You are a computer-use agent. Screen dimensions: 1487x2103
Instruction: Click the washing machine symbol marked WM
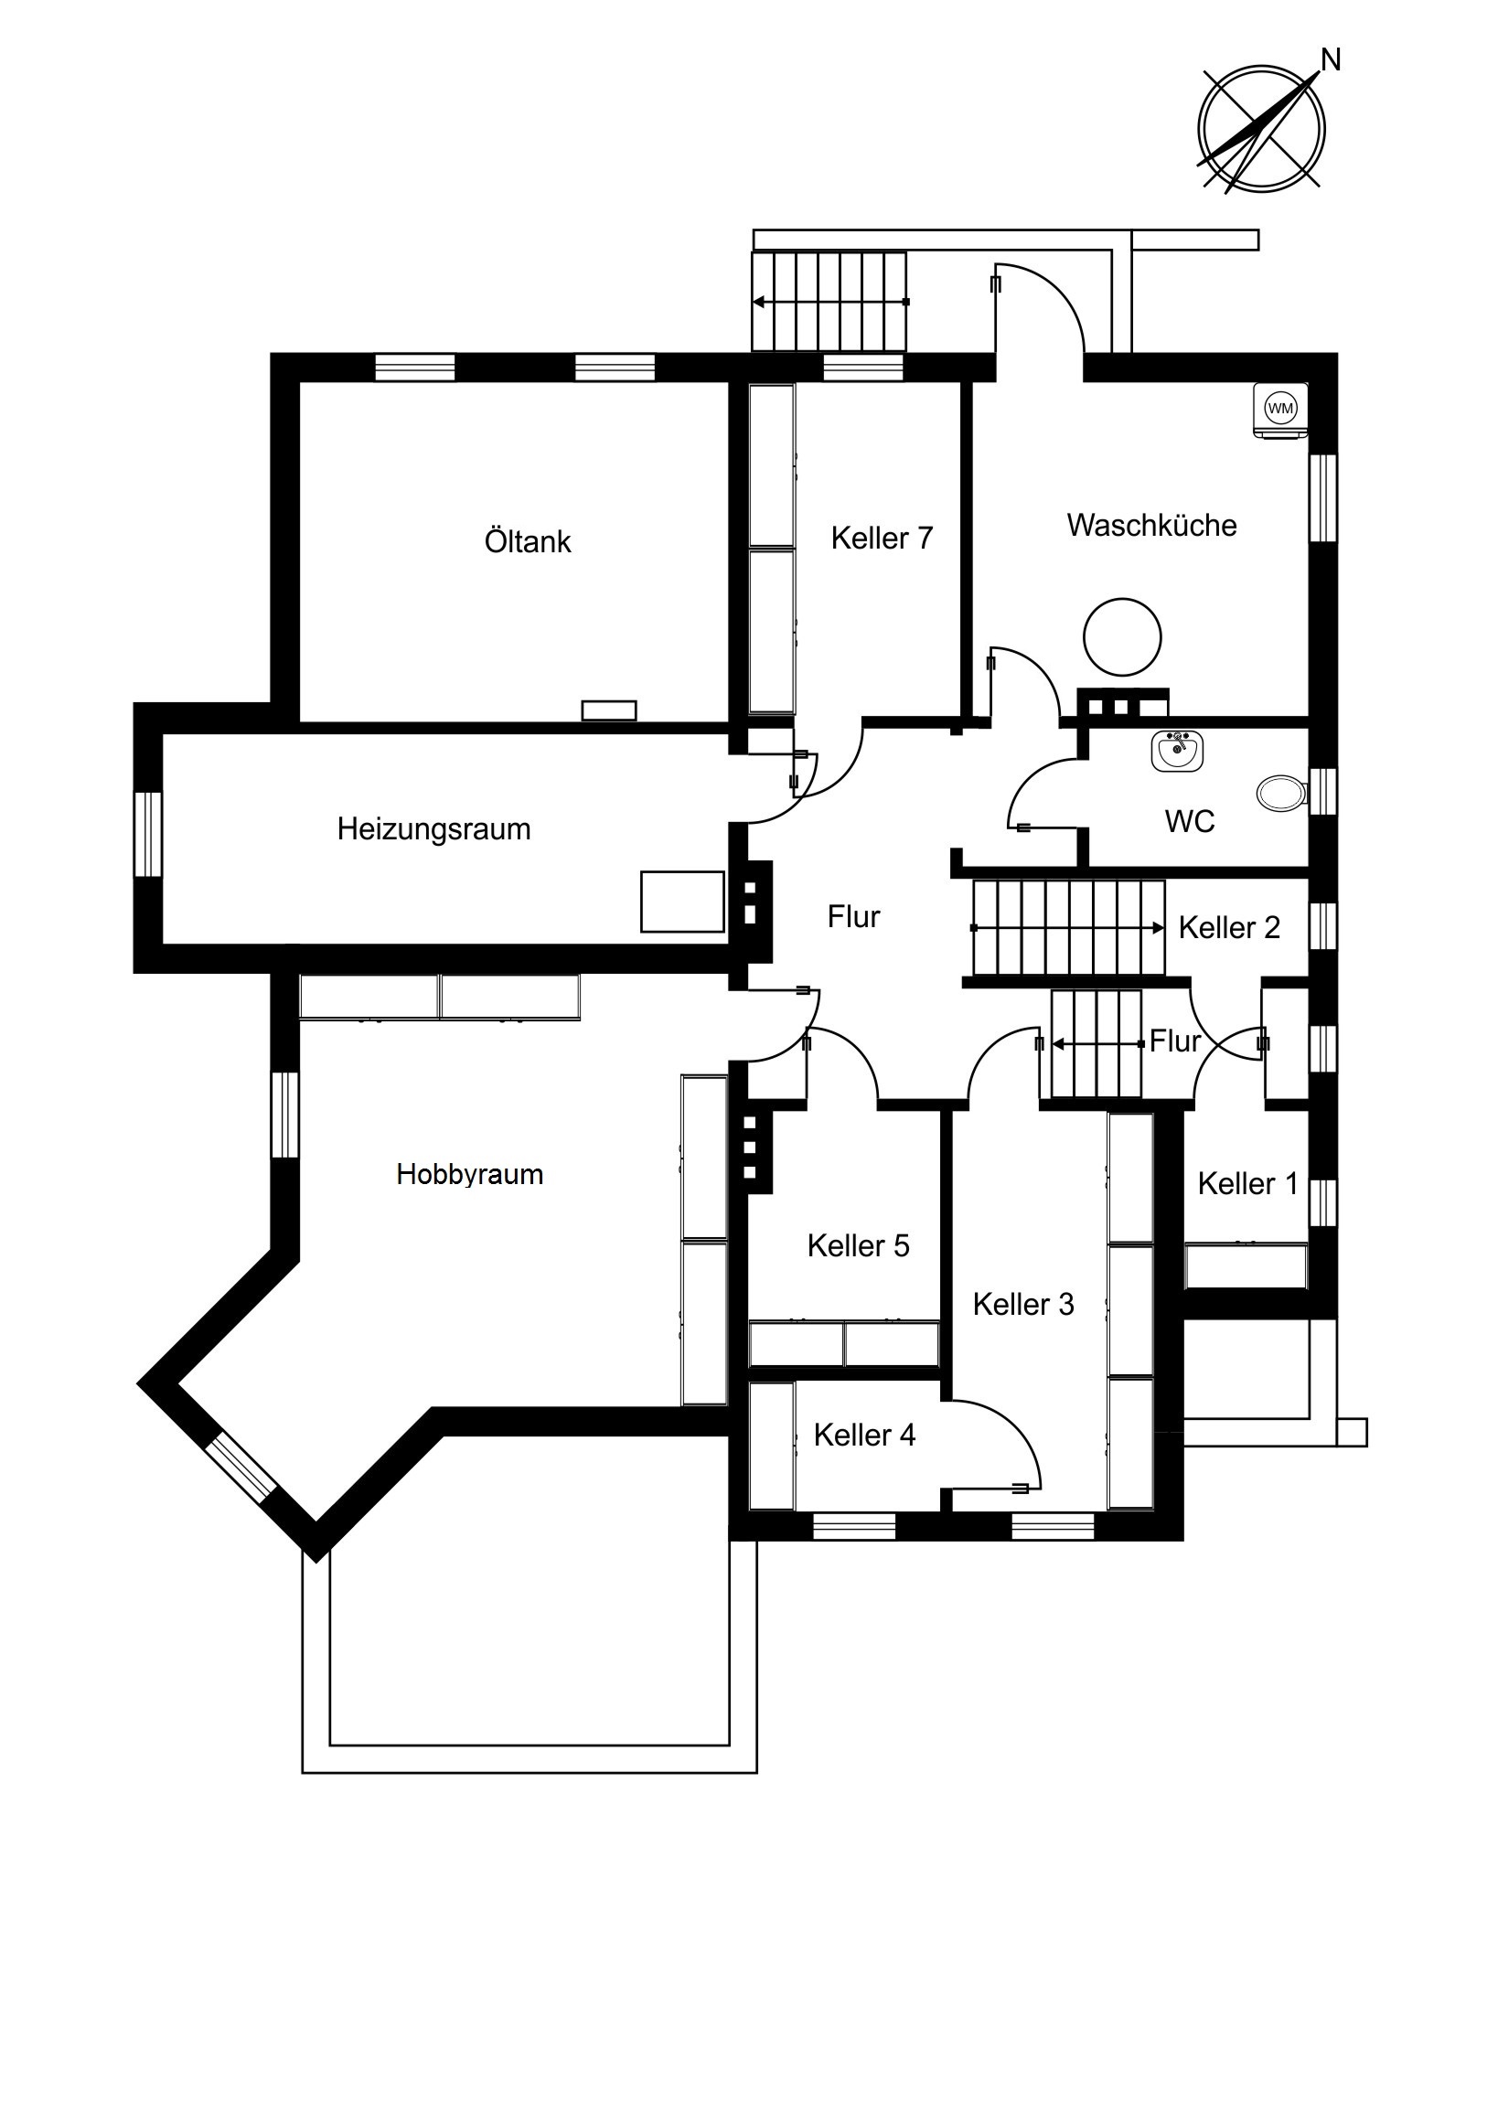click(1280, 410)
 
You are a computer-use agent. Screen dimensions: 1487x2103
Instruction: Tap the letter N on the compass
click(1331, 60)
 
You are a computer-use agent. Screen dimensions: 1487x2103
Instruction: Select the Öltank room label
click(528, 541)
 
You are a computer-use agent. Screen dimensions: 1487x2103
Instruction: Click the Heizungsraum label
click(434, 829)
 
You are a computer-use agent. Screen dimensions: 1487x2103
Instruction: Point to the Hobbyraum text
click(470, 1175)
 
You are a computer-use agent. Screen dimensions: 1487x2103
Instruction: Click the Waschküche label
click(1151, 526)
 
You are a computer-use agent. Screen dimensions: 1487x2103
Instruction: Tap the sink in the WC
click(1177, 751)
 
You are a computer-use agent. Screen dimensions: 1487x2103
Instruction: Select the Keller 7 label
click(882, 539)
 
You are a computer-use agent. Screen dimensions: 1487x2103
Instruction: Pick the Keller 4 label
click(864, 1436)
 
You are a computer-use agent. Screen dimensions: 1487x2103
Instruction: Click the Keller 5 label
click(859, 1245)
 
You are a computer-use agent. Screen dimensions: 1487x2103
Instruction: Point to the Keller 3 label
click(1023, 1304)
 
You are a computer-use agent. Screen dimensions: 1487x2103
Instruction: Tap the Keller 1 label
click(1248, 1184)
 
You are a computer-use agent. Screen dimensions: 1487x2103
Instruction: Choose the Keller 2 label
click(1229, 928)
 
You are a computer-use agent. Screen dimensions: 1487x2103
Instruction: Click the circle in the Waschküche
click(1122, 637)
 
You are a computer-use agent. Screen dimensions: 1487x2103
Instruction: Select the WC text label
click(1190, 822)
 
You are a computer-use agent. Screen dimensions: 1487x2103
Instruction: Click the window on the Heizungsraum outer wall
click(147, 835)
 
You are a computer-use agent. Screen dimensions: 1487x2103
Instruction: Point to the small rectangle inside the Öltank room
click(609, 710)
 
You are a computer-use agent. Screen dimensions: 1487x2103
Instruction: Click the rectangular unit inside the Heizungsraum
click(682, 902)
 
